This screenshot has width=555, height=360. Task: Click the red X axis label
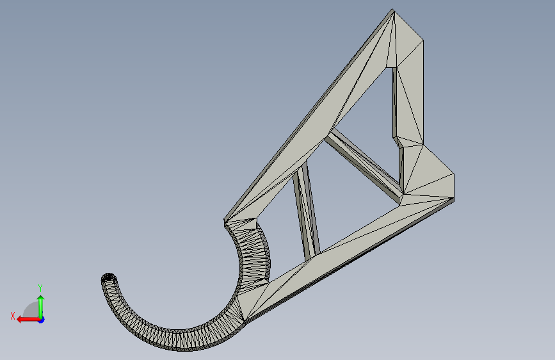(13, 316)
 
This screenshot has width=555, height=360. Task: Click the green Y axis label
(40, 288)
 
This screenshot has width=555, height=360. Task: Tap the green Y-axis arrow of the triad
(41, 306)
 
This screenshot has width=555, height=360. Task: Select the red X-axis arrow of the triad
(29, 320)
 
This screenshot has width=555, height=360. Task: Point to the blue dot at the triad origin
(42, 320)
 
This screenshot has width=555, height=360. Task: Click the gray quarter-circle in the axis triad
(31, 309)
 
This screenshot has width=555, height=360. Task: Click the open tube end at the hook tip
(109, 277)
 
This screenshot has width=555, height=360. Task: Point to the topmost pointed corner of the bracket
(392, 9)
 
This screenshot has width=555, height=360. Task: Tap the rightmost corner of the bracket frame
(454, 174)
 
